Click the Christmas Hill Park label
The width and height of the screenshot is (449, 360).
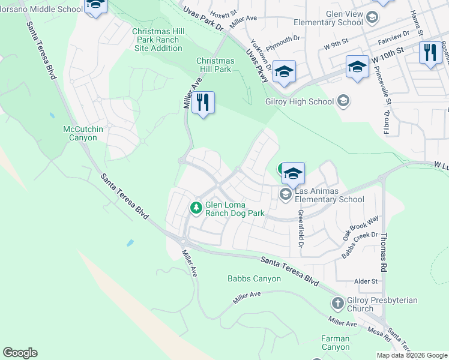pyautogui.click(x=215, y=65)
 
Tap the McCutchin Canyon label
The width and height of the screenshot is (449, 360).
pyautogui.click(x=80, y=133)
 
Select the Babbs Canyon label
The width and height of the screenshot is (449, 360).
pyautogui.click(x=254, y=278)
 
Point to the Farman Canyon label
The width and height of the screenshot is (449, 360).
pyautogui.click(x=335, y=343)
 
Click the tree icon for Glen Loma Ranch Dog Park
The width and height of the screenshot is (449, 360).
pyautogui.click(x=196, y=208)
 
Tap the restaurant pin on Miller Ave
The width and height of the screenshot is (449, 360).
pyautogui.click(x=203, y=103)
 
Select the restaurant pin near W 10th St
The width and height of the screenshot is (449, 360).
pyautogui.click(x=429, y=53)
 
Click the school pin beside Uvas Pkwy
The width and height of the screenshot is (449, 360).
pyautogui.click(x=284, y=71)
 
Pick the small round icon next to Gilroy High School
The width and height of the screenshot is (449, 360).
pyautogui.click(x=343, y=101)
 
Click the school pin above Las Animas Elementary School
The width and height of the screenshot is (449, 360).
pyautogui.click(x=293, y=173)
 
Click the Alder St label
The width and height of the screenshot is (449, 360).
pyautogui.click(x=366, y=281)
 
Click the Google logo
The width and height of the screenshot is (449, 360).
pyautogui.click(x=20, y=353)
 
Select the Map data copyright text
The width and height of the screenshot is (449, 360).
pyautogui.click(x=411, y=355)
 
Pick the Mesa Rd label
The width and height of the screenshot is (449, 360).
pyautogui.click(x=379, y=334)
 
